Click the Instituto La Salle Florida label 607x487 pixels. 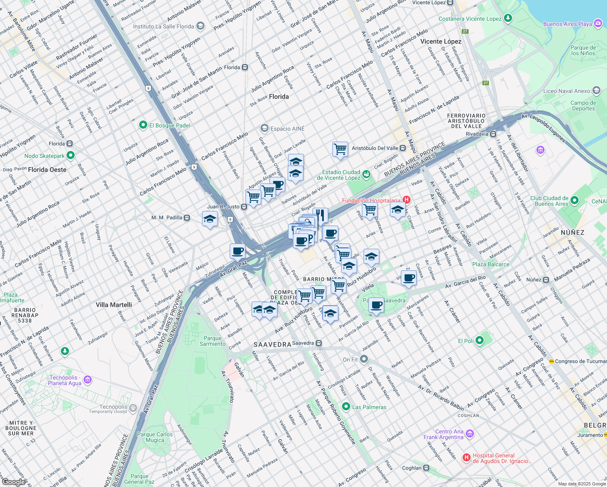(164, 26)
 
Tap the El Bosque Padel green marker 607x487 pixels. (143, 125)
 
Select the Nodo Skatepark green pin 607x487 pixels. (71, 155)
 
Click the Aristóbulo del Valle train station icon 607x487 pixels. (403, 148)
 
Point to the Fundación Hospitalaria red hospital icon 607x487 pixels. (407, 200)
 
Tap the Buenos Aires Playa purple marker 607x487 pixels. (598, 24)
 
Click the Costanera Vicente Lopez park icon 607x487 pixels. (508, 18)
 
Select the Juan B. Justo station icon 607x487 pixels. (244, 207)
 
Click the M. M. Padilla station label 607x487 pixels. (167, 218)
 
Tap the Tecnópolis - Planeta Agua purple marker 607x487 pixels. (88, 380)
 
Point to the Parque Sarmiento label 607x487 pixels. (212, 341)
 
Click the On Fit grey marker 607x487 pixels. (364, 359)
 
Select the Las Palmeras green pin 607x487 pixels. (346, 406)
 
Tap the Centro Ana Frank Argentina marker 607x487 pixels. (470, 434)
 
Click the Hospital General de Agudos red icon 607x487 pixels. (467, 458)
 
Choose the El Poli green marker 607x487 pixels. (480, 340)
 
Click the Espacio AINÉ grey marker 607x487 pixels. (265, 128)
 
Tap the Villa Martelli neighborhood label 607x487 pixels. (114, 305)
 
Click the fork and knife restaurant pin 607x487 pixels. (320, 215)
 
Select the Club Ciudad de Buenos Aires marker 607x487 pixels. (574, 200)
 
